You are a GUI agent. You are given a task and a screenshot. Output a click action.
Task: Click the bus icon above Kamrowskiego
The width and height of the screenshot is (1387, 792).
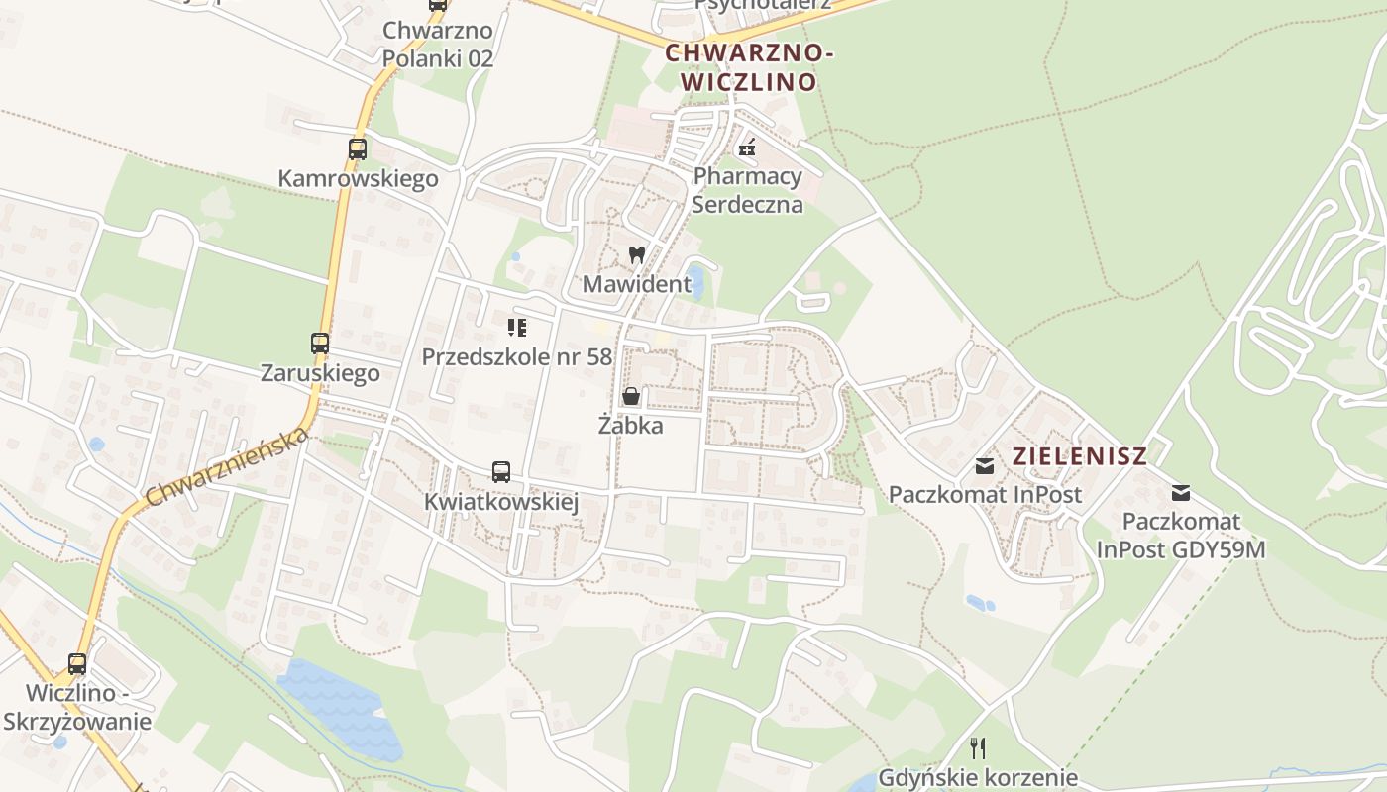point(358,149)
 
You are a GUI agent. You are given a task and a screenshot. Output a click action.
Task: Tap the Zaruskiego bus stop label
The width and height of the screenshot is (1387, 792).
point(320,373)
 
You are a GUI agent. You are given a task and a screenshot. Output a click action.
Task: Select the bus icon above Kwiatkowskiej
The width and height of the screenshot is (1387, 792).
point(501,472)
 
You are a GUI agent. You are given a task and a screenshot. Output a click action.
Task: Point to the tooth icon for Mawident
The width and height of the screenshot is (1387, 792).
point(637,254)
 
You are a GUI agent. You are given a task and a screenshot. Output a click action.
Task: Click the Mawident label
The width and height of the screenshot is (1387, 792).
point(637,284)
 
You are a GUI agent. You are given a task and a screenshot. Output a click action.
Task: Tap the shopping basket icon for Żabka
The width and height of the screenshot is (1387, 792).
point(630,397)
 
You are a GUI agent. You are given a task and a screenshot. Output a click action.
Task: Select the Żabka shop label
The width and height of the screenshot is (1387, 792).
point(630,426)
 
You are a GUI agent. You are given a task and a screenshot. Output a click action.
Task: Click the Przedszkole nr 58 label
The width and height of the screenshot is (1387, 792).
point(517,356)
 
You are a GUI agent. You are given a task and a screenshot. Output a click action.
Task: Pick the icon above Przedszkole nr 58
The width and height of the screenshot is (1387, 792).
point(516,327)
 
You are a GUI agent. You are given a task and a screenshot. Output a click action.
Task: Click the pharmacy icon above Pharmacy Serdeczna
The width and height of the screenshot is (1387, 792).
point(747,148)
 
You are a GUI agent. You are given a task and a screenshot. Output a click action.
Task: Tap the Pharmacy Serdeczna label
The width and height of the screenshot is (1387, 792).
point(747,190)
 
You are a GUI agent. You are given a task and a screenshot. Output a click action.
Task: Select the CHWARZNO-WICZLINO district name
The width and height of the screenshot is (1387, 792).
point(749,67)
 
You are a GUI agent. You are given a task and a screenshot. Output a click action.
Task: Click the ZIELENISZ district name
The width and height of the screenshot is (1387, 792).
point(1080,456)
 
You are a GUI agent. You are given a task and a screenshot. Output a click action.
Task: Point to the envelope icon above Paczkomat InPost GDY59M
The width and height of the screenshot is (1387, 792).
point(1181,492)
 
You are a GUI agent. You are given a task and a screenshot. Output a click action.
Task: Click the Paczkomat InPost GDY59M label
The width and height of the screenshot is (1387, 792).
point(1181,536)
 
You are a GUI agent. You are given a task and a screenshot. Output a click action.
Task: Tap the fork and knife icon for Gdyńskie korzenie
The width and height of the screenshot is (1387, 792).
point(978,747)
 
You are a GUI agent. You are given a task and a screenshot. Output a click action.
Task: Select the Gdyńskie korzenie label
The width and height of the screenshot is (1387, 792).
point(978,777)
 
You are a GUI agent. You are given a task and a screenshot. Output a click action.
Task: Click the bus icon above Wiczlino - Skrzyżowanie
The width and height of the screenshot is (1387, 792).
point(77,664)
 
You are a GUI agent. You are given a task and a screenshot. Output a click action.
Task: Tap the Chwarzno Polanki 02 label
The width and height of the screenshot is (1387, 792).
point(438,45)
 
